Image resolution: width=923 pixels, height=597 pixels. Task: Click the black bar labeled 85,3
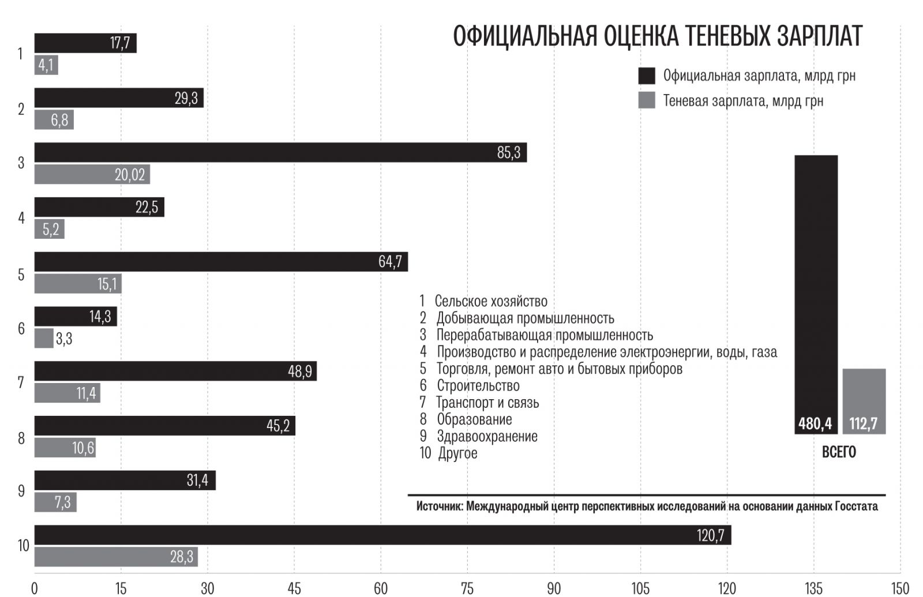coord(280,152)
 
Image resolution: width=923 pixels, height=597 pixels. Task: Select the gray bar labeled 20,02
coord(92,174)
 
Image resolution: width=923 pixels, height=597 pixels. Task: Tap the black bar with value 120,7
coord(382,535)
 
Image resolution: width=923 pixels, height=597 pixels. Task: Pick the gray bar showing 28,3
coord(115,557)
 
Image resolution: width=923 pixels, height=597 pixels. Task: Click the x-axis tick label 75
coord(467,588)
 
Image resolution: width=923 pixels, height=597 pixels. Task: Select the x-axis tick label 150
coord(900,588)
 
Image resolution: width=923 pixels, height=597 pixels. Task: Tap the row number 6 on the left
coord(21,328)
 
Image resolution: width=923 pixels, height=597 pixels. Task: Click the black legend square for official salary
coord(647,76)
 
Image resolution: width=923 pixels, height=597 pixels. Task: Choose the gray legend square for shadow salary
coord(647,100)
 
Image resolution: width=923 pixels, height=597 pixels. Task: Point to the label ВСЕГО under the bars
coord(839,452)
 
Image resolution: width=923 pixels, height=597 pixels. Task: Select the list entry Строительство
coord(478,385)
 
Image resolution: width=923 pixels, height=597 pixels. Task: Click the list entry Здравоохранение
coord(487,436)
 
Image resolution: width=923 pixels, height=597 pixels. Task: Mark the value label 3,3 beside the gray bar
coord(64,339)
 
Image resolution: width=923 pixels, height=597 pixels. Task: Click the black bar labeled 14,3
coord(75,316)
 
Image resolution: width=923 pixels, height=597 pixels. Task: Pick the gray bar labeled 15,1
coord(77,283)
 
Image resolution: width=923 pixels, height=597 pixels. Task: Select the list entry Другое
coord(457,453)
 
